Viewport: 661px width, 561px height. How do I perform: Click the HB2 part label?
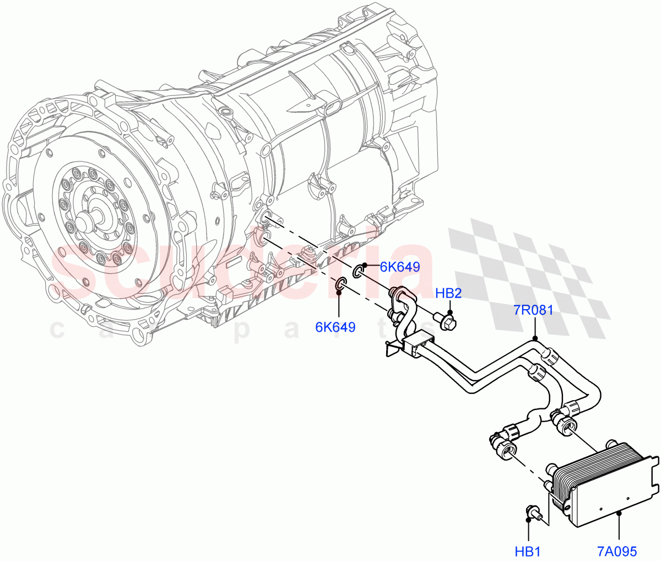pos(448,293)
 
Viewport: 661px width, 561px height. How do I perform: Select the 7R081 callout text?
pos(533,310)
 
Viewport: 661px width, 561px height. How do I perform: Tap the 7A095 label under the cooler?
pos(617,551)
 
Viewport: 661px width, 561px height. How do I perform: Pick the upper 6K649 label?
pos(400,267)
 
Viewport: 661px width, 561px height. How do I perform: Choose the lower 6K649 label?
pos(335,327)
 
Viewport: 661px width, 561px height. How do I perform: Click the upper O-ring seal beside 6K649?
pos(357,271)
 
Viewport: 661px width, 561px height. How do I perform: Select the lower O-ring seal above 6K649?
pos(340,284)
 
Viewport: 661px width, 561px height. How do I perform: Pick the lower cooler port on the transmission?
pos(264,239)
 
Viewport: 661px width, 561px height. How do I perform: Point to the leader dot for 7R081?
pos(534,337)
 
